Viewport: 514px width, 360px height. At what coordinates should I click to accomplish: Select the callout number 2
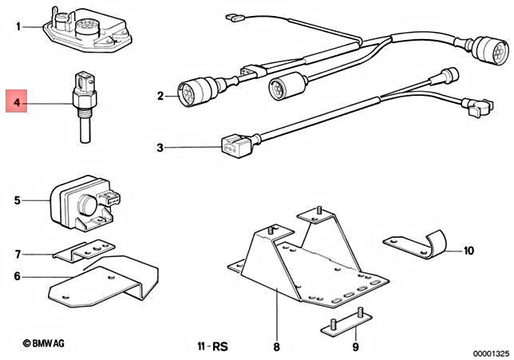pos(160,97)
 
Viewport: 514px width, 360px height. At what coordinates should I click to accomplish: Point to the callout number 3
pos(160,148)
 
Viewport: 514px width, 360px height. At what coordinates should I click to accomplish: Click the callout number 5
pos(18,200)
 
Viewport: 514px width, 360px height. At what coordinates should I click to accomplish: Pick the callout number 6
pos(18,277)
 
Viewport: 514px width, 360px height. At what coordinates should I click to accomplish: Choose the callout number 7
pos(18,255)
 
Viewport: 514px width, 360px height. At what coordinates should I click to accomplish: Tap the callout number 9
pos(355,348)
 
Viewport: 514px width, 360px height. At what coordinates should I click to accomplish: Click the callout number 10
pos(469,251)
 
